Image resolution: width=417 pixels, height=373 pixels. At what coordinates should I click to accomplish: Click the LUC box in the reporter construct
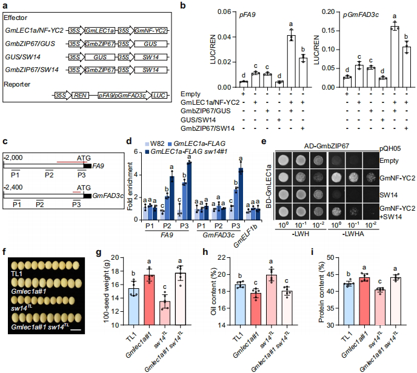point(159,96)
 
